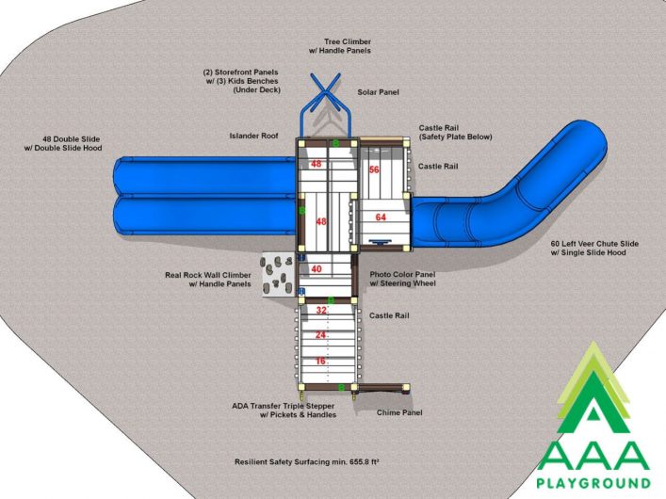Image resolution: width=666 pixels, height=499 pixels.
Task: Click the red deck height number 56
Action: [374, 169]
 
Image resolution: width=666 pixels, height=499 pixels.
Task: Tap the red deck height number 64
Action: [381, 217]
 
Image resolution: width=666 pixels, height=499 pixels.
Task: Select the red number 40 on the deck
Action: [317, 269]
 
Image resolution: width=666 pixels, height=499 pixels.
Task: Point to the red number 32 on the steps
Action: [321, 311]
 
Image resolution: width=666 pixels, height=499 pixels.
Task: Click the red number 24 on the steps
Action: [320, 335]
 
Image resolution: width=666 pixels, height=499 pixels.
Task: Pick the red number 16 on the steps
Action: [320, 361]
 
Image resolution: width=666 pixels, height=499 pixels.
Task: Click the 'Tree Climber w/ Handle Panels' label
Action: [340, 46]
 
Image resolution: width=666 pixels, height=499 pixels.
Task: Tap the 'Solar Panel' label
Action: [378, 92]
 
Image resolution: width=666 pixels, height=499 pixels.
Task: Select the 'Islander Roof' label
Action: [253, 136]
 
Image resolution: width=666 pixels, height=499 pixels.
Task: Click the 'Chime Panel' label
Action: [399, 412]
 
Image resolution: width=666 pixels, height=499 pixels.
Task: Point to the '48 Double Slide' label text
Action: [72, 138]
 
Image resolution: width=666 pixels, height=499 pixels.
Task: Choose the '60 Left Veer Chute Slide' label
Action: [594, 244]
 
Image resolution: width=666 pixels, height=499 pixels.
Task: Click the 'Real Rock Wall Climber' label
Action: [208, 275]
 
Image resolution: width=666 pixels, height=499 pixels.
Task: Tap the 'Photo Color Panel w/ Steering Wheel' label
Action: [402, 279]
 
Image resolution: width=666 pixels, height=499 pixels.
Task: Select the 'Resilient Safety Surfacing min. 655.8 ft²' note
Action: [307, 462]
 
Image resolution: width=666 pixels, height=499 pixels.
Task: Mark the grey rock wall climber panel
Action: [277, 275]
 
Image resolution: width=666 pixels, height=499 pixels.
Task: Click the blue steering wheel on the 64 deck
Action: [381, 242]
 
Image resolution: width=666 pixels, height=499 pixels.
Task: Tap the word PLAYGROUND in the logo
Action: [593, 483]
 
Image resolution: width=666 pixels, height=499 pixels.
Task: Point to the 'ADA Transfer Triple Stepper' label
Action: [284, 406]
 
